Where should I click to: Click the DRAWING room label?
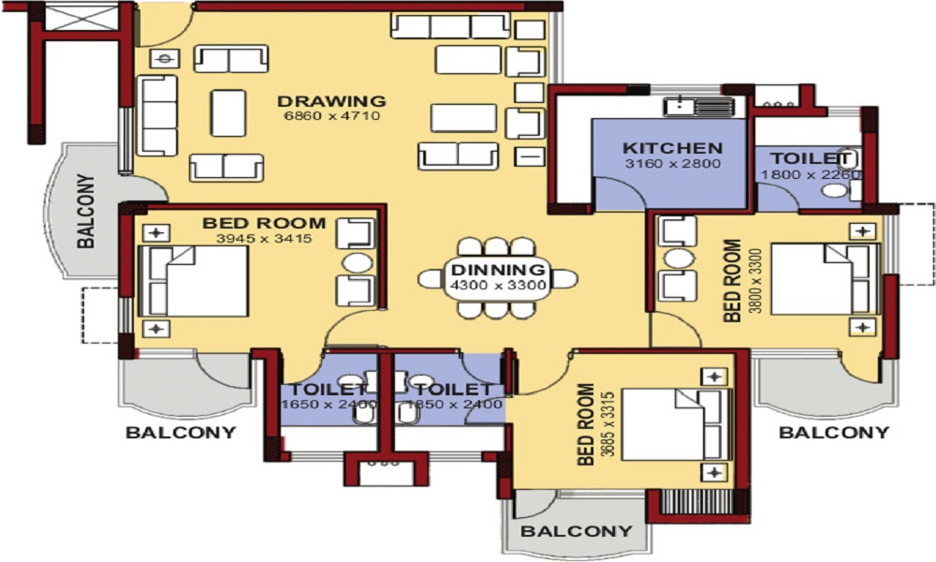tap(331, 101)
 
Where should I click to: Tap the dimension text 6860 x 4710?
tap(332, 116)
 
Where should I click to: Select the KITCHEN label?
tap(672, 148)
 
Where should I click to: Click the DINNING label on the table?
tap(498, 270)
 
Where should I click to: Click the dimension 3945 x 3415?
tap(264, 239)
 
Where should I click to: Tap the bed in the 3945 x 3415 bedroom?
tap(194, 281)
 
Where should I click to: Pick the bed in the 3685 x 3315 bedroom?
tap(677, 424)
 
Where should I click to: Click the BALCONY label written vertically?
tap(86, 211)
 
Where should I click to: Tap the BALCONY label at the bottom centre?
tap(576, 531)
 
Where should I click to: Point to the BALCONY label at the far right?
tap(834, 432)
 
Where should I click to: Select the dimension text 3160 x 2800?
tap(673, 164)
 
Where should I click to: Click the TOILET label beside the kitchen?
tap(810, 159)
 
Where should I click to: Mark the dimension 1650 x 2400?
tap(329, 405)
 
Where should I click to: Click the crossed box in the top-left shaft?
tap(83, 17)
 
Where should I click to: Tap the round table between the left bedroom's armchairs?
tap(357, 263)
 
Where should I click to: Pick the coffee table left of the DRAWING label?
tap(228, 113)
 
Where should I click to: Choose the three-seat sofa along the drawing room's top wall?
tap(451, 26)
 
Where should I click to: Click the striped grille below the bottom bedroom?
tap(696, 502)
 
